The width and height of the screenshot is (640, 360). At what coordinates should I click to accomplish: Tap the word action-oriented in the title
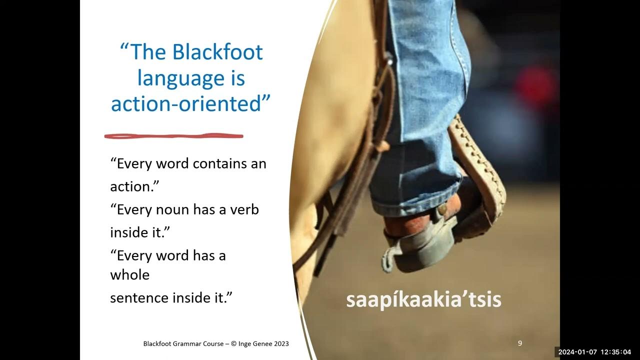186,104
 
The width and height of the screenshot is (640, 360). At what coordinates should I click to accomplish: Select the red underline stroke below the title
173,135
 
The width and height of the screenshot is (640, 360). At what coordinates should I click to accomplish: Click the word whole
129,274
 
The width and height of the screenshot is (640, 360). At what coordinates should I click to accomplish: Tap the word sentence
139,297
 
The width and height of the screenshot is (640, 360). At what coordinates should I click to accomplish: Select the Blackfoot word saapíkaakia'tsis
423,299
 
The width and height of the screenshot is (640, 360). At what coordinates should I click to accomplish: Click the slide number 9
520,343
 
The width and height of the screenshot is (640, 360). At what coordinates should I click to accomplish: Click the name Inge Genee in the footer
254,343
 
